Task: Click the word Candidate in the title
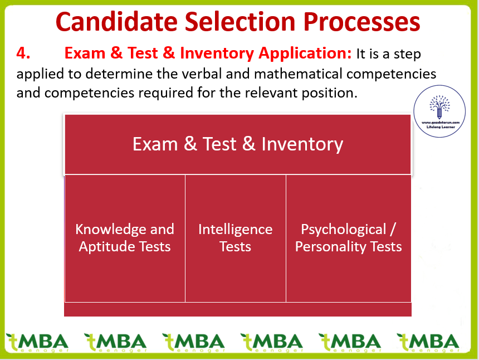click(116, 22)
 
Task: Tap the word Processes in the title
click(361, 22)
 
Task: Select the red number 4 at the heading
click(23, 53)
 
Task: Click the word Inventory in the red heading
click(217, 53)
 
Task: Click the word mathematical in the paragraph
click(298, 74)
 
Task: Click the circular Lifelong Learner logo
click(439, 111)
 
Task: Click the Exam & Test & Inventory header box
click(238, 144)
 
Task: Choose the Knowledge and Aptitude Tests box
click(125, 239)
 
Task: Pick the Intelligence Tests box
click(236, 239)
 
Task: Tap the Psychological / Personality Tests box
click(349, 239)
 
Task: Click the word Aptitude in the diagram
click(106, 247)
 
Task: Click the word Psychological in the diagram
click(344, 230)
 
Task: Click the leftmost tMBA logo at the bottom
click(37, 343)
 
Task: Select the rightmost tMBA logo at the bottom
click(428, 343)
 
